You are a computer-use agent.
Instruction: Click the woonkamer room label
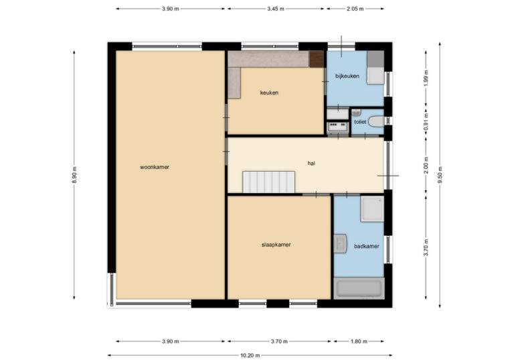point(155,167)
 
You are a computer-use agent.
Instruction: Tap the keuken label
point(269,93)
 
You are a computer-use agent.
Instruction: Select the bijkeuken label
point(347,76)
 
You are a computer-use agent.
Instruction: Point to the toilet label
point(360,122)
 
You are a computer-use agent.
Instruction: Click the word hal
point(311,163)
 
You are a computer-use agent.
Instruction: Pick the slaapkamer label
point(276,245)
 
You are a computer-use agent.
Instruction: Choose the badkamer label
point(367,246)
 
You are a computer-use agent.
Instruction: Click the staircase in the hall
point(268,182)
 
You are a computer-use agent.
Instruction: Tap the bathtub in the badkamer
point(359,288)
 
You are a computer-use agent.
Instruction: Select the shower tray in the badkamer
point(372,208)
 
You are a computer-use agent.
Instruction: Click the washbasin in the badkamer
point(340,243)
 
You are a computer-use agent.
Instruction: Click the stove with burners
point(337,127)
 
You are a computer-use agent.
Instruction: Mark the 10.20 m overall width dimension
point(250,355)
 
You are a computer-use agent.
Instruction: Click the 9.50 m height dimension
point(440,175)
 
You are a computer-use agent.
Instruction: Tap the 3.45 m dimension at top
point(275,9)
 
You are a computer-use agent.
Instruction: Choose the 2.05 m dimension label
point(355,9)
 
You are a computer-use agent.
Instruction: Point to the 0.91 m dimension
point(426,122)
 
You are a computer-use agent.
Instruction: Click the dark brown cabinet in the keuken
point(317,59)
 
